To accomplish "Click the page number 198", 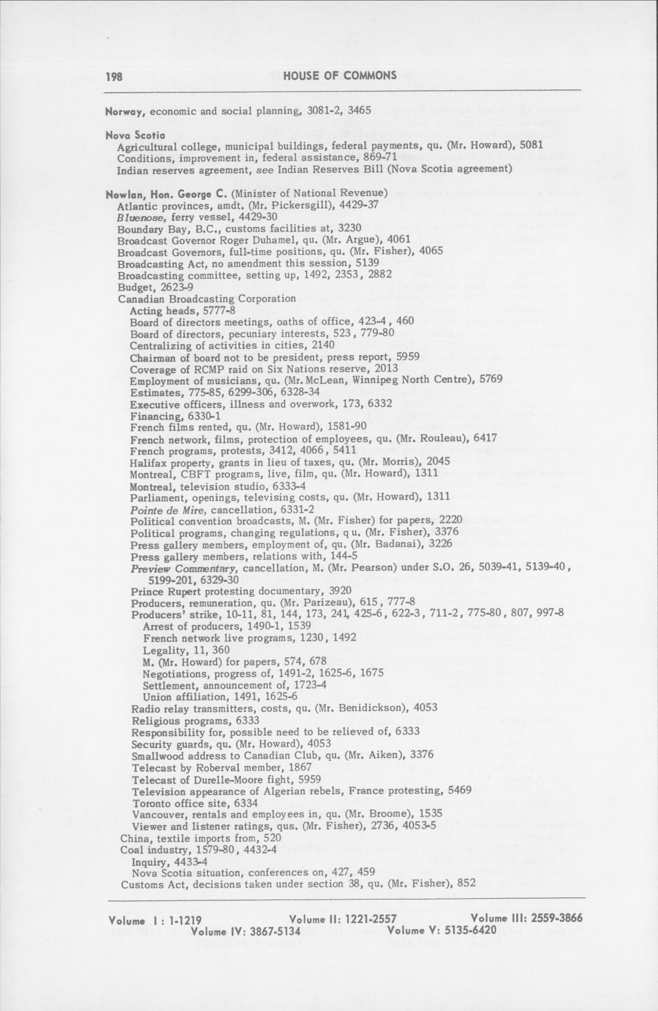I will tap(114, 76).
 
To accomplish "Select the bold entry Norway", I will tap(126, 112).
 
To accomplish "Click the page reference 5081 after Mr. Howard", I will tap(532, 146).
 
